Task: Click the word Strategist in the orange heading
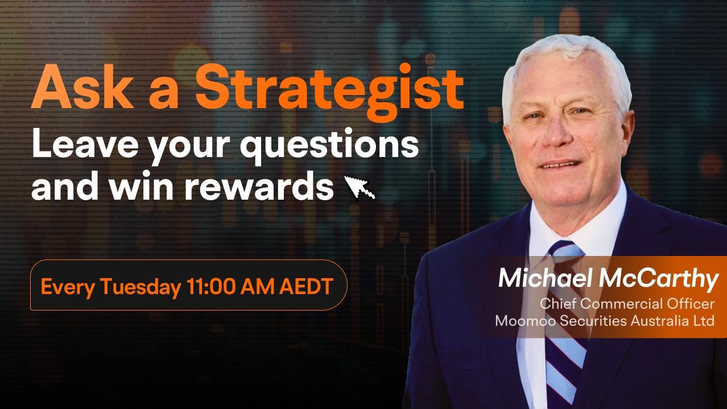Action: click(329, 92)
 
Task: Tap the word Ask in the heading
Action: click(82, 86)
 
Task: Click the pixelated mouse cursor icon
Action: click(360, 188)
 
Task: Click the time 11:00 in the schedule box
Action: click(211, 286)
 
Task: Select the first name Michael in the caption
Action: click(545, 279)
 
